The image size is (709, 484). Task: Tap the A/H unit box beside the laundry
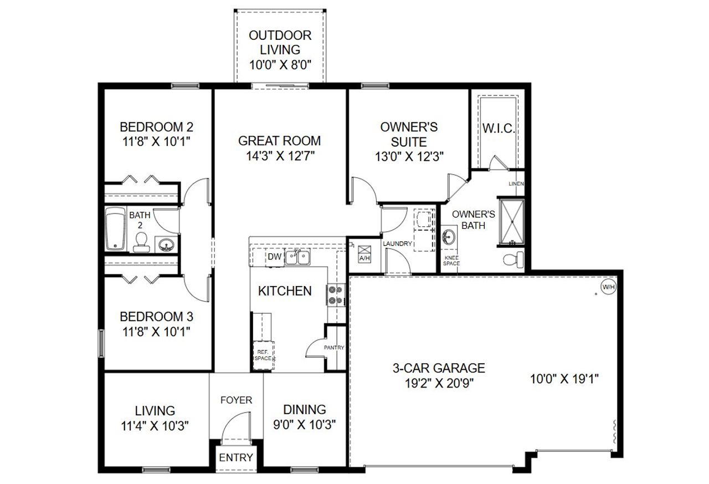point(364,253)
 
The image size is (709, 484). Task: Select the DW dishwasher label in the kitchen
point(275,257)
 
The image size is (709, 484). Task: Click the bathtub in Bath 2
point(116,228)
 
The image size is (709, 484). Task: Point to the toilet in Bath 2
point(141,242)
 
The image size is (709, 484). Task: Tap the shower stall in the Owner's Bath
point(510,221)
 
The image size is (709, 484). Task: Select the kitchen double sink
point(298,257)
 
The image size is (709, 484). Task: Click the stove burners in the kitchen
point(335,294)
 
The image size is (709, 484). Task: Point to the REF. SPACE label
point(263,355)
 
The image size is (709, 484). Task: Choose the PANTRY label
point(335,348)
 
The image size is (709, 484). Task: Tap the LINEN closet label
point(516,184)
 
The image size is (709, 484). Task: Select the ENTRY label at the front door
point(236,457)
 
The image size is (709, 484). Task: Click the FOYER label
point(236,400)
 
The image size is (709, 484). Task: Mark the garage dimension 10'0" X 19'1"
point(564,379)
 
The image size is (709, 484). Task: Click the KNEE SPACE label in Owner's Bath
point(451,261)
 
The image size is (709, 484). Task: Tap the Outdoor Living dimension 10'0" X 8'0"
point(280,64)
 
